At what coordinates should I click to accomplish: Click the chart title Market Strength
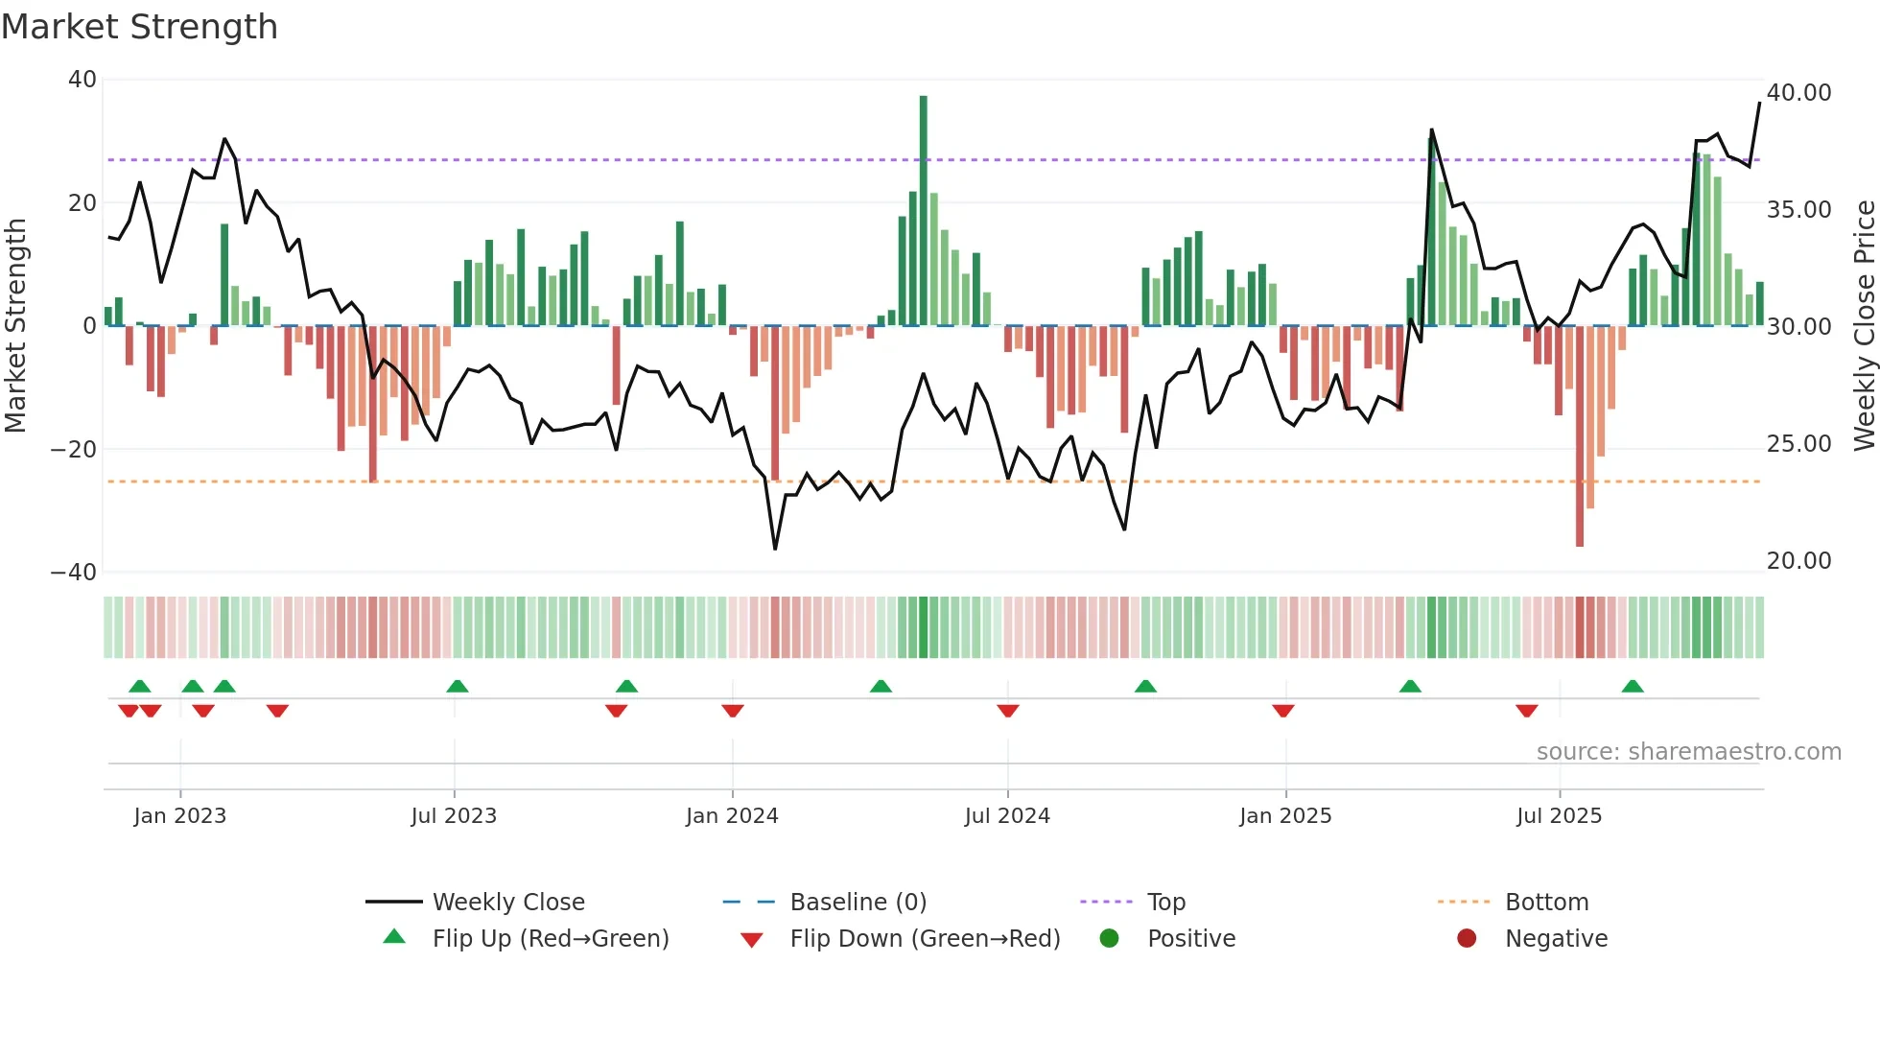click(139, 27)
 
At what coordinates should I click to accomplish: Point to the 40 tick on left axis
click(82, 80)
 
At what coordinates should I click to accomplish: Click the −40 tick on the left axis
click(74, 573)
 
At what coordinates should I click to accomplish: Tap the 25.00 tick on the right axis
click(1798, 444)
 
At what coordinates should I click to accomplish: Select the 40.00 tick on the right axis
click(1798, 93)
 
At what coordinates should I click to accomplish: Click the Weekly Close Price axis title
click(1864, 326)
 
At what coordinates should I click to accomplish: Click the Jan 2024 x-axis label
click(732, 816)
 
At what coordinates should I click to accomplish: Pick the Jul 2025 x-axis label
click(1559, 816)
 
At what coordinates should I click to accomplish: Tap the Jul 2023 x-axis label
click(454, 816)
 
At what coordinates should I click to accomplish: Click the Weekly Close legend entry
click(507, 903)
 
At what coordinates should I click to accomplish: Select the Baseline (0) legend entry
click(858, 903)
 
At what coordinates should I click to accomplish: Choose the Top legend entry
click(1165, 903)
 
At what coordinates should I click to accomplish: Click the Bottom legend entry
click(1546, 903)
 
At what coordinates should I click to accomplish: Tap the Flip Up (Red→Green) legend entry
click(550, 939)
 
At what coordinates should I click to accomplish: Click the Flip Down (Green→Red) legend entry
click(925, 939)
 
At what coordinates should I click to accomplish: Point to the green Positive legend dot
click(1109, 939)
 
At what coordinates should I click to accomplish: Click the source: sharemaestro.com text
click(1688, 752)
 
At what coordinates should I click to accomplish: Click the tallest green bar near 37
click(923, 211)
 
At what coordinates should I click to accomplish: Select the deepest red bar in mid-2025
click(1580, 436)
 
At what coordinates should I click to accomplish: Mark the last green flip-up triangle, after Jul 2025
click(1633, 686)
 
